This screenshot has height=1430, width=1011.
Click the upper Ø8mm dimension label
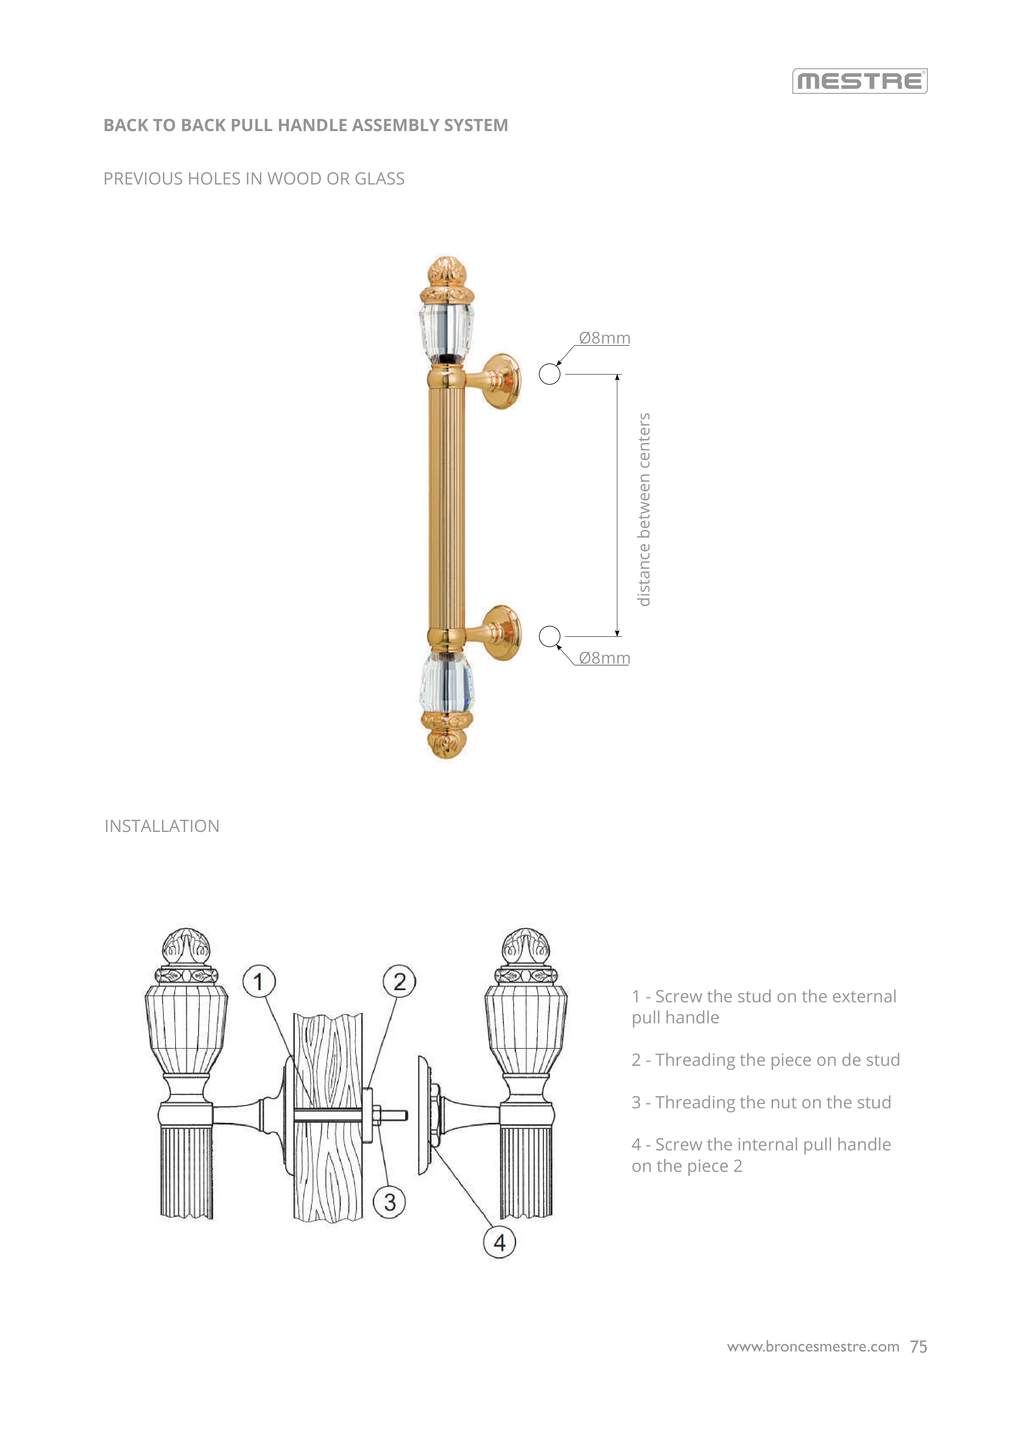pos(604,338)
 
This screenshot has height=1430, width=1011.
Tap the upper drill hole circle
pos(549,374)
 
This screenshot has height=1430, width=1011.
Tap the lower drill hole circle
pos(549,636)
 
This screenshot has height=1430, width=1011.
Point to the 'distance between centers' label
pos(644,509)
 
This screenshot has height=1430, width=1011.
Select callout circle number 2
pos(399,982)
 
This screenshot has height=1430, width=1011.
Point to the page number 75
pos(918,1347)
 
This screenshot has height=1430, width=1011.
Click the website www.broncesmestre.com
pos(813,1347)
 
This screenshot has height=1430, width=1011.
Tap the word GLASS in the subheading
pos(379,179)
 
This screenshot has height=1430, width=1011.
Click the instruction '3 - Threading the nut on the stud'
pos(761,1102)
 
